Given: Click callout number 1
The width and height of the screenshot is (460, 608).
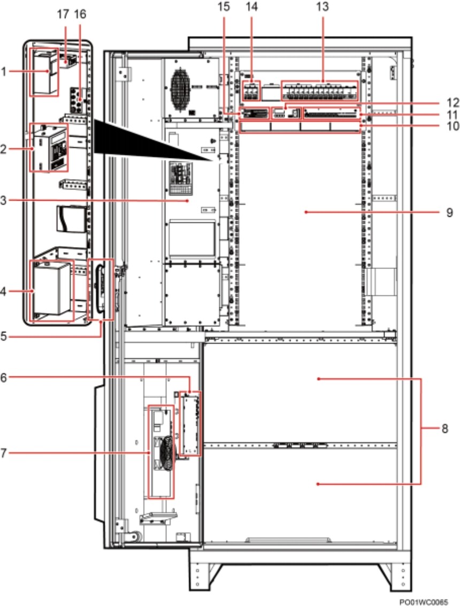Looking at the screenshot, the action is tap(4, 71).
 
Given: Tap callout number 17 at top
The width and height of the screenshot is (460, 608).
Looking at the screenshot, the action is tap(63, 14).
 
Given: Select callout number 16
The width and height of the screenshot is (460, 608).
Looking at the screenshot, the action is tap(80, 14).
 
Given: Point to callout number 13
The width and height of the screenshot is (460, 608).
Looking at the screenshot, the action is tap(322, 6).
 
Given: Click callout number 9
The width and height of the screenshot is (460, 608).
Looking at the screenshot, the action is tap(449, 212).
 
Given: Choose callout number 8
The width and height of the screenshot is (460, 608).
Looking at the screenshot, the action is tap(444, 429).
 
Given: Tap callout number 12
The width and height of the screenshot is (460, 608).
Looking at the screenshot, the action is tap(453, 103).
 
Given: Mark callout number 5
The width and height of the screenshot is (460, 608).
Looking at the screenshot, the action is tap(4, 336).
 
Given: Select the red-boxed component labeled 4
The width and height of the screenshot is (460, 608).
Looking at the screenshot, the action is tap(52, 291).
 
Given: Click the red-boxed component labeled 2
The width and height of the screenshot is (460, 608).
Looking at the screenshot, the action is tap(49, 147).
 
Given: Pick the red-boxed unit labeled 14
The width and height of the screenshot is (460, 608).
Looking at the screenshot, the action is tap(251, 91).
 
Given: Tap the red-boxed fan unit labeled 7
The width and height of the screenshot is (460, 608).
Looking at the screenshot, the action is tap(161, 452).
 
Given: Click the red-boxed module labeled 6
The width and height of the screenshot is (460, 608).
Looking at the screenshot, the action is tap(190, 423).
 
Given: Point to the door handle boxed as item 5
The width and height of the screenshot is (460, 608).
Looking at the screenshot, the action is tap(101, 289).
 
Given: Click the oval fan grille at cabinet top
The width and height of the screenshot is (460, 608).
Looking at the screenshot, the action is tap(180, 89).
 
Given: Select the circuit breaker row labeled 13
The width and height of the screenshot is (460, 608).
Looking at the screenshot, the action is tap(320, 92).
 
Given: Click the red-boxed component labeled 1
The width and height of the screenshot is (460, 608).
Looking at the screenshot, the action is tap(44, 72).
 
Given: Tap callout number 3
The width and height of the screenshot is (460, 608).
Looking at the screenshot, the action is tap(4, 201).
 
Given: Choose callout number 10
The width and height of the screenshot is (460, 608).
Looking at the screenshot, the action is tap(453, 126).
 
